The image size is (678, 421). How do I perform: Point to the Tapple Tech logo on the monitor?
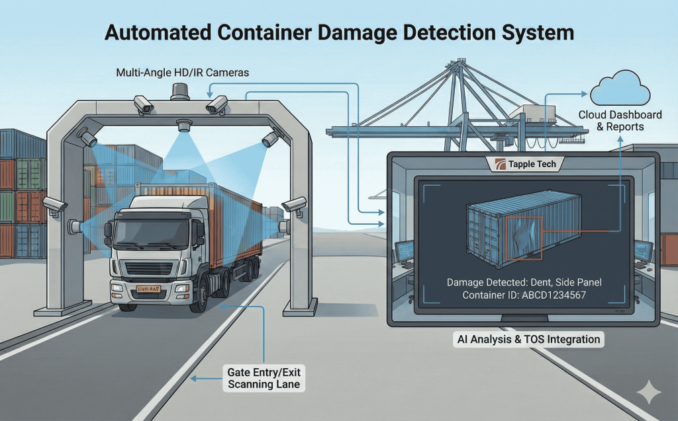523,164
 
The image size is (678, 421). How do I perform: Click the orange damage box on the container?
524,238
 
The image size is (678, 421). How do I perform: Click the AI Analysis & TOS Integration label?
528,340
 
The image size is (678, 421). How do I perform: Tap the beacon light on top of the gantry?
179,92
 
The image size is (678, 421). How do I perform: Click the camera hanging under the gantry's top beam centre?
183,125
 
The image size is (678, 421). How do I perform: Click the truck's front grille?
149,268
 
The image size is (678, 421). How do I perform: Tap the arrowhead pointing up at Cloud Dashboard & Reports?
620,138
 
